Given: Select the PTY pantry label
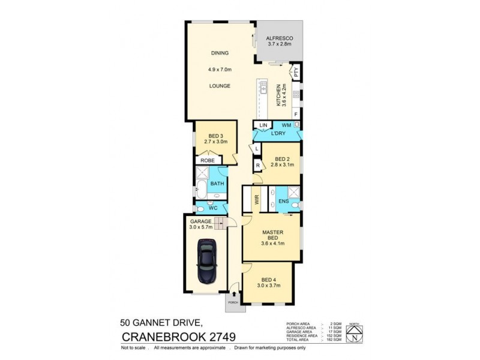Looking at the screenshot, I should [x=295, y=74].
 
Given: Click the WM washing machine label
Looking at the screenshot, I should [x=286, y=125].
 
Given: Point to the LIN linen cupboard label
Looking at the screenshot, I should [x=263, y=125].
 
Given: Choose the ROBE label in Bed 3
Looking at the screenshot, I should [x=207, y=161].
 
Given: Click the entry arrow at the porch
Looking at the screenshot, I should [x=233, y=294].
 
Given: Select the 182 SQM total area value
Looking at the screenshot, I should [x=336, y=340].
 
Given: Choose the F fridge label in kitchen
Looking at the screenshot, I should [x=296, y=113].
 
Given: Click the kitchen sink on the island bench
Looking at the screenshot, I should [x=263, y=88].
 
